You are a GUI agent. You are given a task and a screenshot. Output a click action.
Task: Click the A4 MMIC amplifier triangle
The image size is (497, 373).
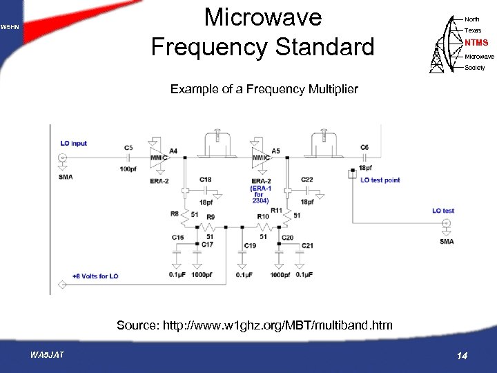pos(159,157)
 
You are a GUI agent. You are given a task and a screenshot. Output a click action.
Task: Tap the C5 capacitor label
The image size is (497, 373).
pos(128,148)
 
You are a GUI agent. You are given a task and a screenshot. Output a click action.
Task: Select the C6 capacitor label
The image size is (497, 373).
pos(364,148)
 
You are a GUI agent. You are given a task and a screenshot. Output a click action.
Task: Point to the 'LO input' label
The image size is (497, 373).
pos(74,144)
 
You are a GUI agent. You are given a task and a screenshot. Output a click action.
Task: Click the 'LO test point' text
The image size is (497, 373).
pos(380,180)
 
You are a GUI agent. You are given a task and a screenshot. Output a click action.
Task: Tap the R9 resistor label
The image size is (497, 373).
pos(211,217)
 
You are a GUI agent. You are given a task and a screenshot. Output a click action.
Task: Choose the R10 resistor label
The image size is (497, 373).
pos(263,217)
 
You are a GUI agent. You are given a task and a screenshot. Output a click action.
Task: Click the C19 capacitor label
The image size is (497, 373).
pos(250,246)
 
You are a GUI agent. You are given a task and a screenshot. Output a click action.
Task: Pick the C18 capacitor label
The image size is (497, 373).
pos(205,180)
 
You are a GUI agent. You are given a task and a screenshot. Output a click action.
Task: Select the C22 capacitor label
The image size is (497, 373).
pos(307,180)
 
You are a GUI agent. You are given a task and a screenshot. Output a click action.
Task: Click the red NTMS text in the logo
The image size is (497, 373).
pos(476,43)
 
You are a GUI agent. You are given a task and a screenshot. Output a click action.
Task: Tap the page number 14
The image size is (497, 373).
pos(462,356)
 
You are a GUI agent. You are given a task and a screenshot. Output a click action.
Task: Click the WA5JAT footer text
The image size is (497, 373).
pos(47,355)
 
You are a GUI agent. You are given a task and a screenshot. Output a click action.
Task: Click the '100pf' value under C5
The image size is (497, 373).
pos(128,169)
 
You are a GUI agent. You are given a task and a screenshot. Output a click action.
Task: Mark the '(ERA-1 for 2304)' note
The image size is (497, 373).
pos(259,194)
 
